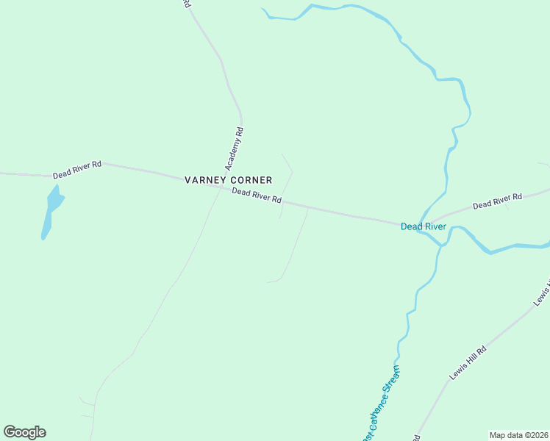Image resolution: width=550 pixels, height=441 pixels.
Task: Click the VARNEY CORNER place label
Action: tap(228, 180)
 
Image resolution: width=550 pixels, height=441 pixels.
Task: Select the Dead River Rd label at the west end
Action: tap(76, 171)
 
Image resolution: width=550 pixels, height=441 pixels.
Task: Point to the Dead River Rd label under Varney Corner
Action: tap(257, 196)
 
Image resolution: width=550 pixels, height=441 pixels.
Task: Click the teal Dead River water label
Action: tap(423, 226)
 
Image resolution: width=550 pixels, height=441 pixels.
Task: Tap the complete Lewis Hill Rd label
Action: tap(468, 363)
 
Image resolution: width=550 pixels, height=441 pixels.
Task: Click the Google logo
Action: tap(24, 432)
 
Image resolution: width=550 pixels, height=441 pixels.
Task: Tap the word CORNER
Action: tap(251, 180)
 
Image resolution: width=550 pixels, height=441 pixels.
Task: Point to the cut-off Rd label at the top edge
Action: tap(187, 4)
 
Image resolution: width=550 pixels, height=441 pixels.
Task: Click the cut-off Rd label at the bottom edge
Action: tap(416, 437)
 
